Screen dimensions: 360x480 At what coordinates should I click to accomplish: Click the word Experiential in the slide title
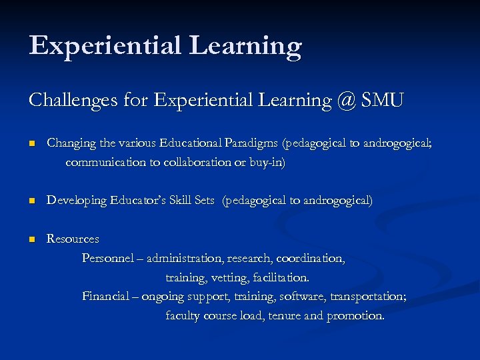(x=104, y=46)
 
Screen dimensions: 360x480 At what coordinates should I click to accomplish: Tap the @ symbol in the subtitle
(x=345, y=101)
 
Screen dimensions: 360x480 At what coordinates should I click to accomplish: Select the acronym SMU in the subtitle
(x=381, y=101)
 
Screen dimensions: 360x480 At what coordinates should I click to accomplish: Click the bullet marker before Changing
(x=31, y=143)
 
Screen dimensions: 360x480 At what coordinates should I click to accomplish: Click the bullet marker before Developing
(x=31, y=201)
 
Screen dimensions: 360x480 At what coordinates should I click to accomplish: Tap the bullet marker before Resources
(x=31, y=239)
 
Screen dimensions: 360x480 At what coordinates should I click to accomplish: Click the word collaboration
(x=189, y=162)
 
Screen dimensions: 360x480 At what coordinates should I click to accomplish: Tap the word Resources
(x=73, y=239)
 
